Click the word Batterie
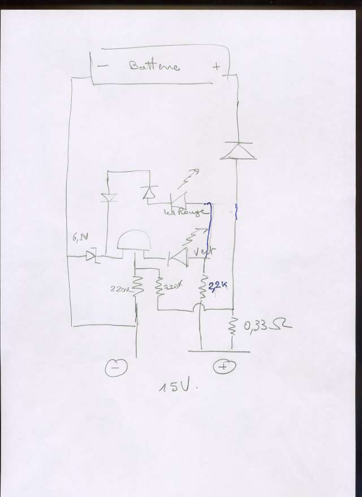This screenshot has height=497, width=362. pos(154,66)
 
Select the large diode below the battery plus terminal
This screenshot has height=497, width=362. pos(236,150)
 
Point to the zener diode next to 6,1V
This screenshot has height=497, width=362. pos(93,257)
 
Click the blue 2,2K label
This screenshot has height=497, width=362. pos(218,286)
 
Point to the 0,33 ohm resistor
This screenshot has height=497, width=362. pos(232,326)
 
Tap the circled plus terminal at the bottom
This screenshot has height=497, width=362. pos(223,367)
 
